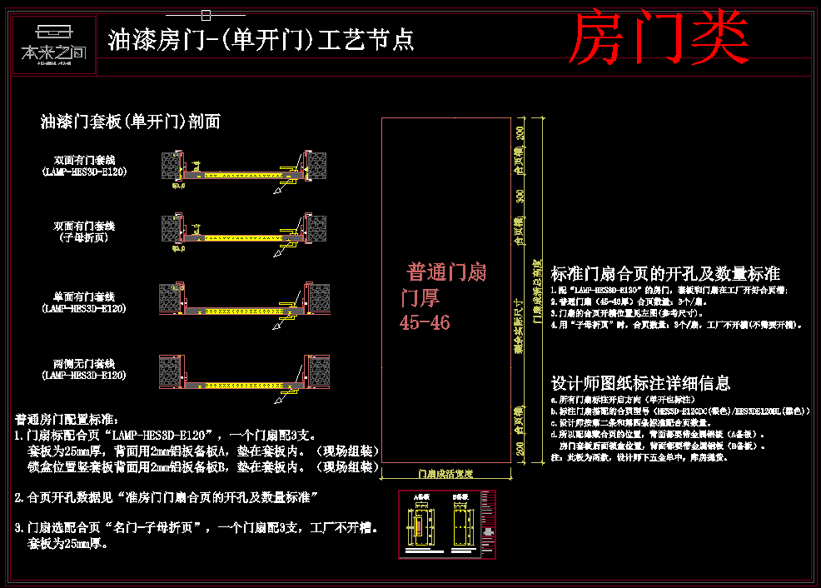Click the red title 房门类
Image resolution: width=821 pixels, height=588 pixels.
click(x=658, y=38)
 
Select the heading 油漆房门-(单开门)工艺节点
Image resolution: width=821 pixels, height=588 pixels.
click(x=261, y=39)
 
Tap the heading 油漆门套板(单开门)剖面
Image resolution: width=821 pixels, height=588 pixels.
click(x=131, y=122)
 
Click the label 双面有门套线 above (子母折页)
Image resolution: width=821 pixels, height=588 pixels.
click(x=84, y=226)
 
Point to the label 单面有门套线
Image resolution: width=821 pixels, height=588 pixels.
click(x=84, y=296)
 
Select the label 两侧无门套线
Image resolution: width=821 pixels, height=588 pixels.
click(x=84, y=364)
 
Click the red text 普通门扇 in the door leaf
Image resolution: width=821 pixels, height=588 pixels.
click(x=446, y=272)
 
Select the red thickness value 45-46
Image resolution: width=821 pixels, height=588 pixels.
click(x=425, y=322)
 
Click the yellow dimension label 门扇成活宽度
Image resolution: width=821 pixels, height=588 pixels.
click(x=445, y=473)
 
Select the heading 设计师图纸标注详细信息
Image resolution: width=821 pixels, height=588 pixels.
click(x=640, y=383)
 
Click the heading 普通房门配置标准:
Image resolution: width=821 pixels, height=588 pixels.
click(x=68, y=418)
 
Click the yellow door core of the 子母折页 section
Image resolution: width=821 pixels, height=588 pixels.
click(x=241, y=238)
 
